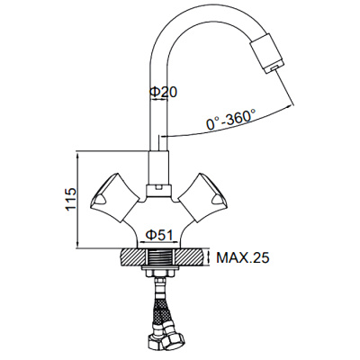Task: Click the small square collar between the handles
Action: point(158,189)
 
